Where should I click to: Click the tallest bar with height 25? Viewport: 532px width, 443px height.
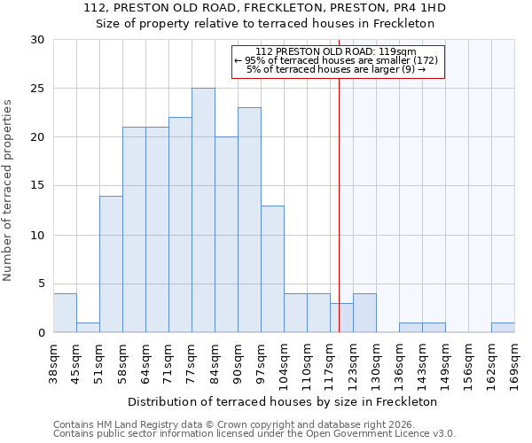203,210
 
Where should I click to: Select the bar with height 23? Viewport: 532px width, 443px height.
249,220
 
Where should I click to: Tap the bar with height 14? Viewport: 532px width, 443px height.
111,264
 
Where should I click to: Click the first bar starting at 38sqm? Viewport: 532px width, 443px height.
65,313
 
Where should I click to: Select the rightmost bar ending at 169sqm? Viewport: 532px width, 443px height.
503,327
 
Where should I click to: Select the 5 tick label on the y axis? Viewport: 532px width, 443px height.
41,284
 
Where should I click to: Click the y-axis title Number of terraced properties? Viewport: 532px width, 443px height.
9,190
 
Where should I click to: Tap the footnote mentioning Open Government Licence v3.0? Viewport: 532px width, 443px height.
254,433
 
